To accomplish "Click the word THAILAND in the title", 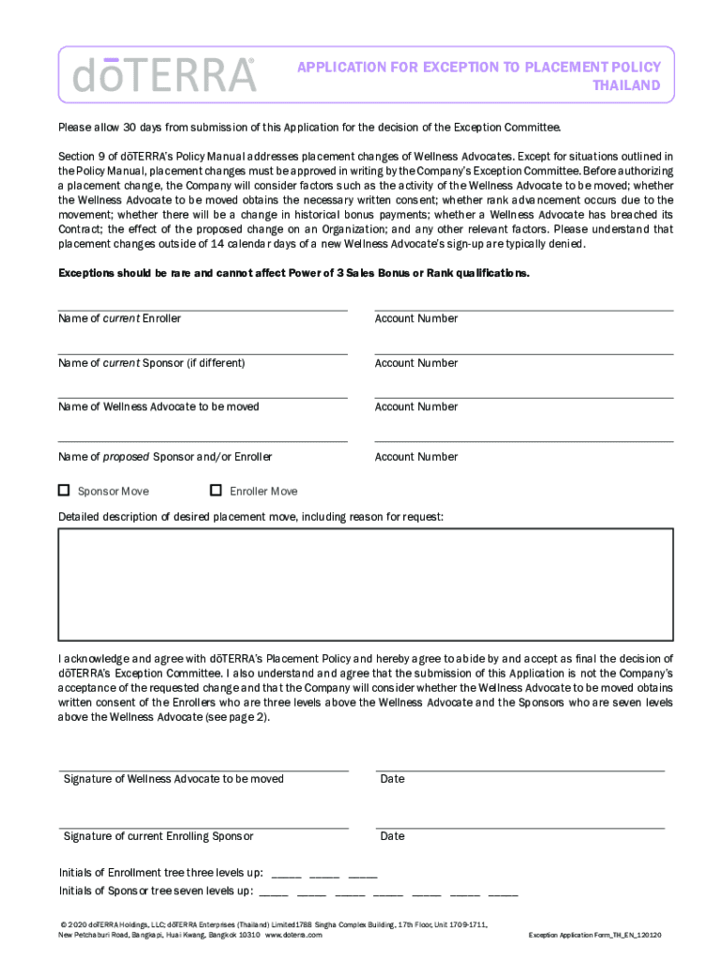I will coord(626,85).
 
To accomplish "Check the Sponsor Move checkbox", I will coord(64,490).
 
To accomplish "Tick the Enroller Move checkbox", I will coord(216,490).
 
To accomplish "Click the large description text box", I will coord(365,582).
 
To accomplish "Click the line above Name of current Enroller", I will coord(203,309).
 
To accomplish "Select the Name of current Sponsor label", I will coord(151,363).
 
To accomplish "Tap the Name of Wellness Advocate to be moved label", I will coord(158,407).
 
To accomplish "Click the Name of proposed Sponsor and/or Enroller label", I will coord(165,457).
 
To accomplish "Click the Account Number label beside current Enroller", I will coord(416,319).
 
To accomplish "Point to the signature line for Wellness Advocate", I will coord(203,769).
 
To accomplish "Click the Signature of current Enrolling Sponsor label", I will coord(158,836).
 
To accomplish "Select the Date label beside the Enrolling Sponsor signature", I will coord(392,836).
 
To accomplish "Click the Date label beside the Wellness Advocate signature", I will coord(392,779).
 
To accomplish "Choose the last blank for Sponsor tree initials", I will coord(503,893).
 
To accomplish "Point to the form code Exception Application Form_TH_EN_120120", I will coord(595,936).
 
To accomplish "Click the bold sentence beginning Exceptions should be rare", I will coord(293,273).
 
